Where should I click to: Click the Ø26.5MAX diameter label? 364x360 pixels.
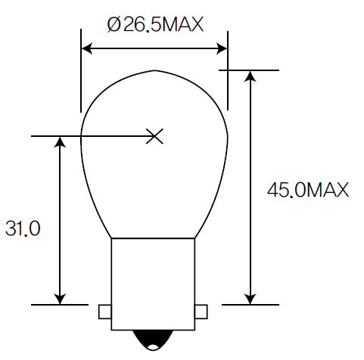point(156,25)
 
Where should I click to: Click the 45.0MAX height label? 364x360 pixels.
point(307,190)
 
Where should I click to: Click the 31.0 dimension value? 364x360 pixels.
point(23,229)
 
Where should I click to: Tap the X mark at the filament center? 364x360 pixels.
point(154,136)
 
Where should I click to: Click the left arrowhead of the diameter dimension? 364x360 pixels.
point(86,49)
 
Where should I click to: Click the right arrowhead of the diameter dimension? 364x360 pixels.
point(222,49)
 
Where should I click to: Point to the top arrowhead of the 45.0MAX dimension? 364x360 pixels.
point(250,75)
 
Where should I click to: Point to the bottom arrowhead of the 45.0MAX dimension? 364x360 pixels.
point(250,299)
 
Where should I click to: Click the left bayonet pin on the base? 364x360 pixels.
point(105,312)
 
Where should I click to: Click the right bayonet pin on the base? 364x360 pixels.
point(201,312)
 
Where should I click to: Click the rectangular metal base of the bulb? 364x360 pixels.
point(153,284)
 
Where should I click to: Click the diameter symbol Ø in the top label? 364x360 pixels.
point(115,25)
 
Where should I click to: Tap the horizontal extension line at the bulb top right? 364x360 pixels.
point(250,70)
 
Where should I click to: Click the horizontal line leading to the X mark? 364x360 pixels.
point(91,137)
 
